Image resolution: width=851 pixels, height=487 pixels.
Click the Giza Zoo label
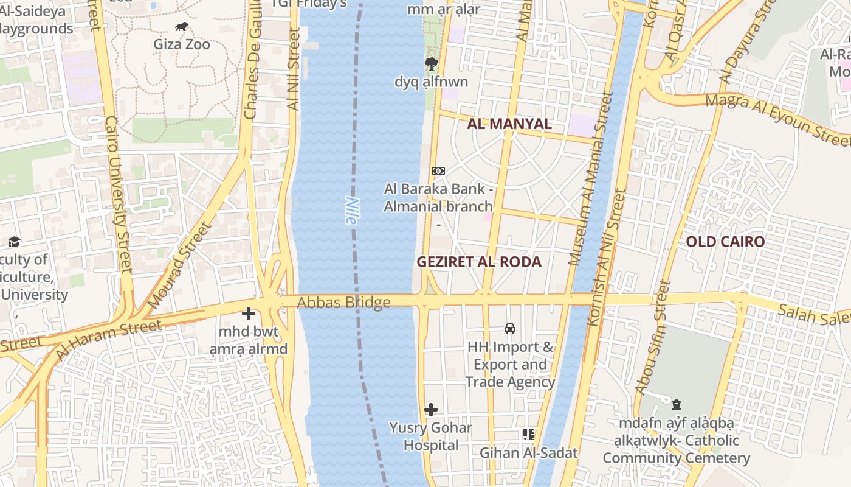pos(181,44)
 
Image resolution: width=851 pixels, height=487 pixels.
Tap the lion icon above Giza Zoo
pos(181,27)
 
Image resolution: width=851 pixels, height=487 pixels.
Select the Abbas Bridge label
pos(343,303)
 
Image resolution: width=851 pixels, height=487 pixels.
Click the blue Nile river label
pos(351,211)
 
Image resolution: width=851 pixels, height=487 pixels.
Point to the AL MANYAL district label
pos(509,124)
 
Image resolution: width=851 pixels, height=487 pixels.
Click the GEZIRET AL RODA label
pos(479,262)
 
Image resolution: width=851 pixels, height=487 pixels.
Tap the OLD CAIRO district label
pos(725,242)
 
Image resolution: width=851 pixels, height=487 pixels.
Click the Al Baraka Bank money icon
pos(438,171)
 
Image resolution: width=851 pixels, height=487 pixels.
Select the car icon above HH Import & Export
pos(510,329)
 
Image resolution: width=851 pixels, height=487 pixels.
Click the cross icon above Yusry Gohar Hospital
pos(431,410)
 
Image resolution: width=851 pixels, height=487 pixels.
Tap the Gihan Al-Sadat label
pos(528,453)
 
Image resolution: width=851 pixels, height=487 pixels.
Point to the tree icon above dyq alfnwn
pos(432,63)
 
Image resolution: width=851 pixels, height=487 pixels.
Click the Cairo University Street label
pos(119,195)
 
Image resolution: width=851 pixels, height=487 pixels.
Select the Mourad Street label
pos(180,265)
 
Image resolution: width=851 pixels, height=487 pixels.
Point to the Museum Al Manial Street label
pos(588,179)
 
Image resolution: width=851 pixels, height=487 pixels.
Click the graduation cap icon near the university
pos(15,242)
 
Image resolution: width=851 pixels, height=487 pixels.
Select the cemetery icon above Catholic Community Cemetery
pos(676,405)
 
